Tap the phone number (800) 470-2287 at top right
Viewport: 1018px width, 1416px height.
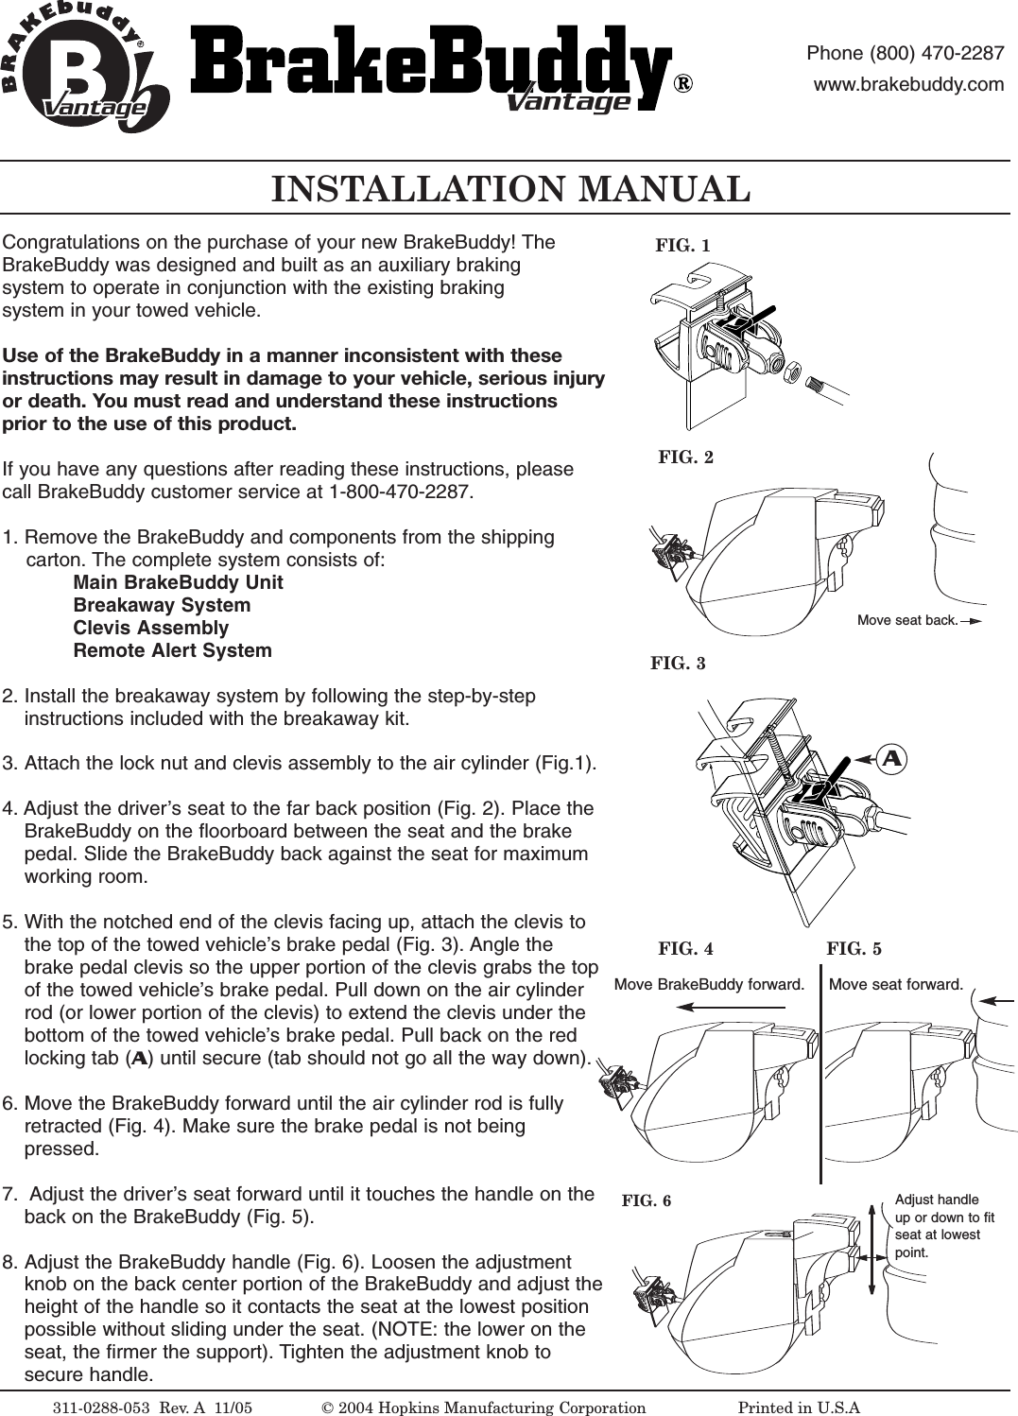point(905,53)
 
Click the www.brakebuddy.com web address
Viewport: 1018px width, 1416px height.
point(908,84)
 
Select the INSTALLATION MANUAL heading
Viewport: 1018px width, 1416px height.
point(510,189)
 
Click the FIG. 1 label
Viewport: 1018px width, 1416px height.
point(682,246)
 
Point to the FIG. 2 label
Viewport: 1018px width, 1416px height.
point(685,458)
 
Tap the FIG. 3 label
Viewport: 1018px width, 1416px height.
point(678,664)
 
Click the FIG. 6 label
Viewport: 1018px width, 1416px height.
point(647,1201)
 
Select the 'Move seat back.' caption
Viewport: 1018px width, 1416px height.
point(907,621)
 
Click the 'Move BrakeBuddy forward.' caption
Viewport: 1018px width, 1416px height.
point(709,985)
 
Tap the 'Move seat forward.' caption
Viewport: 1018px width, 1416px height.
point(895,985)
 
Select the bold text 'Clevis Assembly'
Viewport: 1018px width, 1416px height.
point(151,629)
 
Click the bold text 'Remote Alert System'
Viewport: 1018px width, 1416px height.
point(172,651)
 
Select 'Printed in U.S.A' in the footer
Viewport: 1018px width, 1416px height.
point(799,1407)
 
